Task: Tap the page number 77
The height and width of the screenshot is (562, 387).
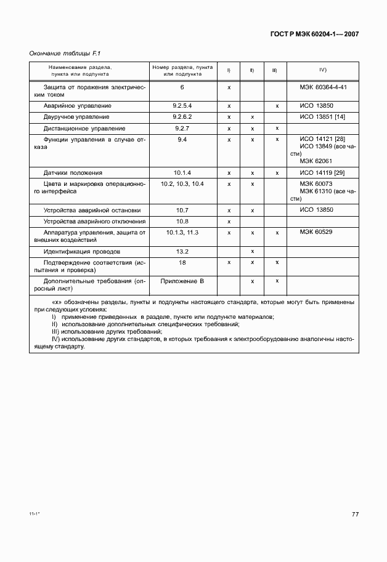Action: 355,514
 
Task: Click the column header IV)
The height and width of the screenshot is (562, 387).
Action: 322,71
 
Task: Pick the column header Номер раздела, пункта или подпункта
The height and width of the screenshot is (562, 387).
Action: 182,71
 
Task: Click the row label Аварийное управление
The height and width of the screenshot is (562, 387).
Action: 77,106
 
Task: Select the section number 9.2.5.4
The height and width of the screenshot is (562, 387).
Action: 182,106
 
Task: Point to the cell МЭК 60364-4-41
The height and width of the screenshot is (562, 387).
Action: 323,87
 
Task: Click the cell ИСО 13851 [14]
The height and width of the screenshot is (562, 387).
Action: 322,117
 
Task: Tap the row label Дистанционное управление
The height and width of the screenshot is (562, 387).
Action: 84,129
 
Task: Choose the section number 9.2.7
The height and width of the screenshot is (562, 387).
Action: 182,129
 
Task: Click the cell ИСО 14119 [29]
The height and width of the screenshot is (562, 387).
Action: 322,173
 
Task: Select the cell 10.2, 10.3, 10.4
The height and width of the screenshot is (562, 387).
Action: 182,184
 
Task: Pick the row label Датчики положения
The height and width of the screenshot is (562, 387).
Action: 73,173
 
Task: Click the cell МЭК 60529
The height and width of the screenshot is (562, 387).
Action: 315,233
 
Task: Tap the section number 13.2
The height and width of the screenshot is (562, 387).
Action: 182,252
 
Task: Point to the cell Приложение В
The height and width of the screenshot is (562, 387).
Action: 182,281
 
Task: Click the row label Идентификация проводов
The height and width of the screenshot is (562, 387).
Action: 82,252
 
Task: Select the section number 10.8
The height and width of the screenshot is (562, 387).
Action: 182,221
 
